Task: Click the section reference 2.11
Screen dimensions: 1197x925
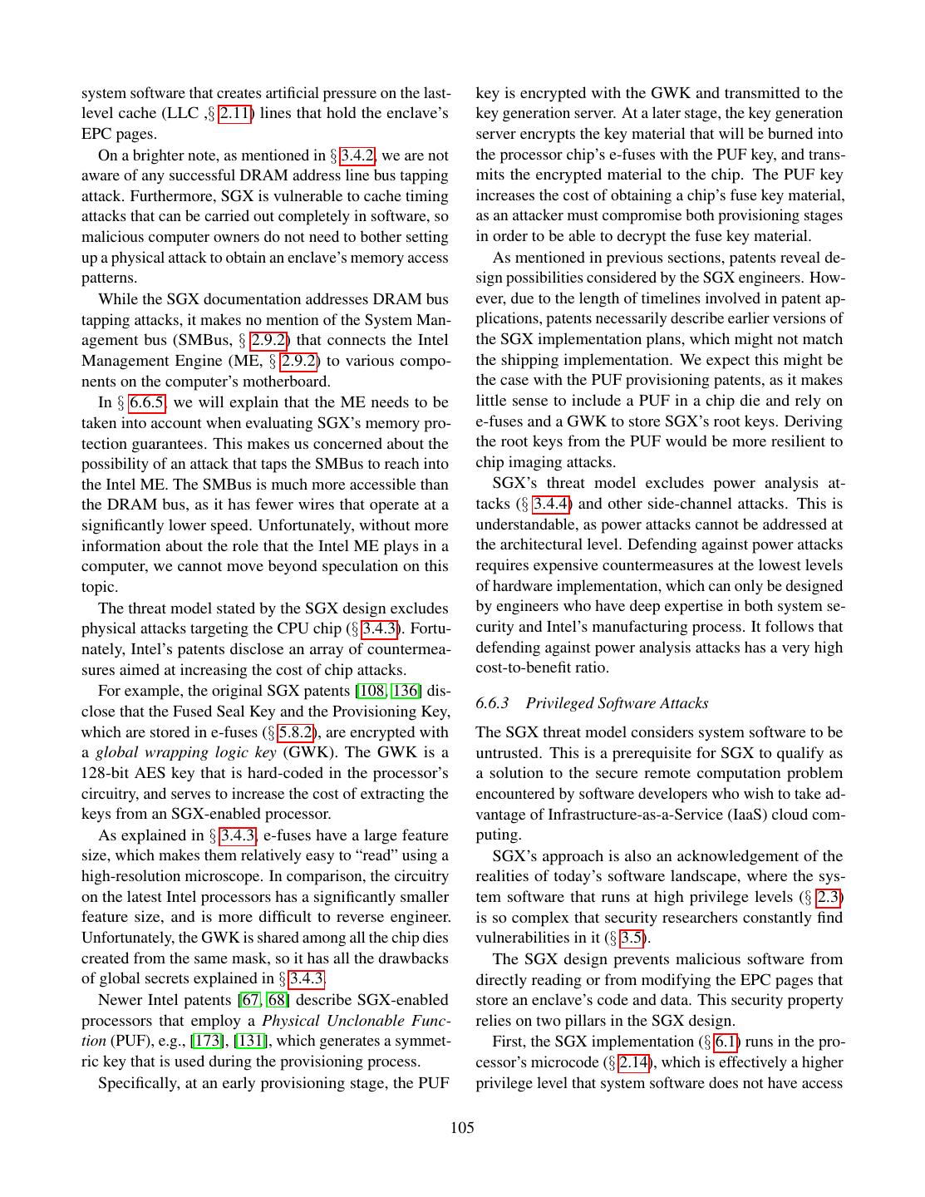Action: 235,113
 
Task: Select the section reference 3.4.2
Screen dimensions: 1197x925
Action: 358,155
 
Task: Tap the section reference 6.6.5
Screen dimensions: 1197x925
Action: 147,403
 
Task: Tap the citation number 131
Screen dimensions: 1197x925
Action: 251,1042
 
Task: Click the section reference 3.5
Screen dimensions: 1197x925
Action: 631,938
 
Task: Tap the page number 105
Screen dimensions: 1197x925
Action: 462,1128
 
